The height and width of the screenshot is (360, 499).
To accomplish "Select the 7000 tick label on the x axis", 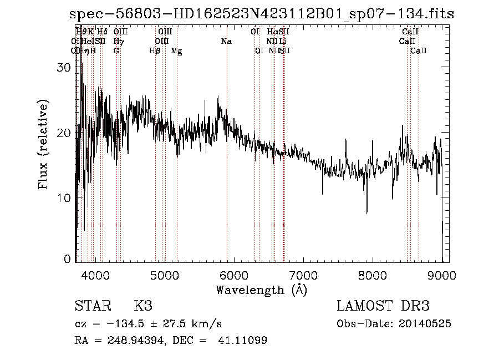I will click(x=303, y=275).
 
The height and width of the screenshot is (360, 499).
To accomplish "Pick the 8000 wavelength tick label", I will click(x=373, y=275).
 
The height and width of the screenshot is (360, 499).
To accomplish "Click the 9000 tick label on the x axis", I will click(x=442, y=275).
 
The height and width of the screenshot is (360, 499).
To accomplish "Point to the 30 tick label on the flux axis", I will click(x=65, y=67).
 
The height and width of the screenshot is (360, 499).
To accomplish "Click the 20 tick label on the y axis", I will click(x=65, y=133).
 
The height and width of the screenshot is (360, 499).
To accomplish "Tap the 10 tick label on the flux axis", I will click(x=65, y=197).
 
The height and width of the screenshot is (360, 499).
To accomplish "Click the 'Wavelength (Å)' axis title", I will click(x=261, y=290).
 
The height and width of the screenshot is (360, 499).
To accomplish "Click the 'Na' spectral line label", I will click(x=226, y=42).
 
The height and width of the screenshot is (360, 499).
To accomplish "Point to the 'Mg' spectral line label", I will click(x=176, y=51).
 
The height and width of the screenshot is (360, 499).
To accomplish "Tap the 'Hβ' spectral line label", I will click(x=155, y=51).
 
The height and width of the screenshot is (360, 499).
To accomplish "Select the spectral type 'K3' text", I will click(x=142, y=306).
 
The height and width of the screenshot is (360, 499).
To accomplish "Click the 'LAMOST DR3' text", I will click(x=383, y=306).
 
